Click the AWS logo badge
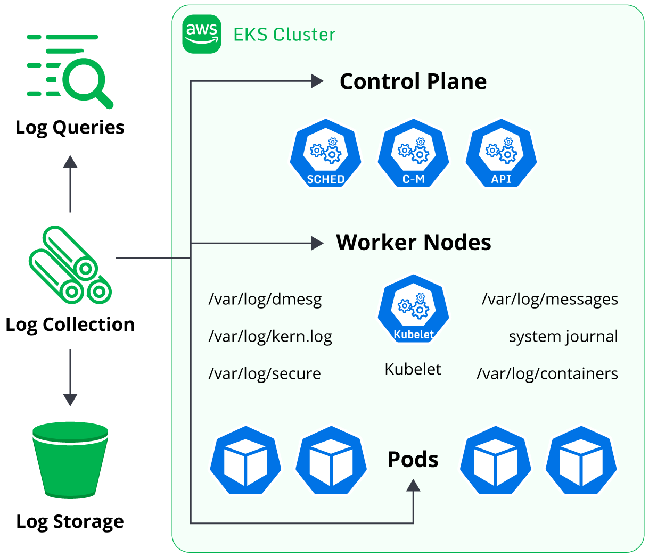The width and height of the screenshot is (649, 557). pos(202,34)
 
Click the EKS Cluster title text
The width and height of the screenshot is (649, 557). pos(284,35)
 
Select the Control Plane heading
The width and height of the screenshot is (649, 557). pos(413,81)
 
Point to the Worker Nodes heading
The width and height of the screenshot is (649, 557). pos(413,243)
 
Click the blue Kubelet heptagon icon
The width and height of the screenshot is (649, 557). pos(413,309)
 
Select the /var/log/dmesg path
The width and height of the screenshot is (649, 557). pos(265,300)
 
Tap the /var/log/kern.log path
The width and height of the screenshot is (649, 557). pos(270,337)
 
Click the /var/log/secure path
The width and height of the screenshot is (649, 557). pos(265,373)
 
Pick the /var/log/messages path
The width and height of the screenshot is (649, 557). pos(550,300)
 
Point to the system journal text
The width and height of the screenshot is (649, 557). pos(563,337)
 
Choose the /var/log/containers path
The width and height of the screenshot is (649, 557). pos(547,373)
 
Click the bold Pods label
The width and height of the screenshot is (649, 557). pos(413,460)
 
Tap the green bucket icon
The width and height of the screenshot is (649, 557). pos(70,460)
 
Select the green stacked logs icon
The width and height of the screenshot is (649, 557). pos(70,265)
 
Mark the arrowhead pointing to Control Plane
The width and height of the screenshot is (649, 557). pos(317,81)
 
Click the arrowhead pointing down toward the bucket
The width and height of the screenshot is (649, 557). pos(70,400)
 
